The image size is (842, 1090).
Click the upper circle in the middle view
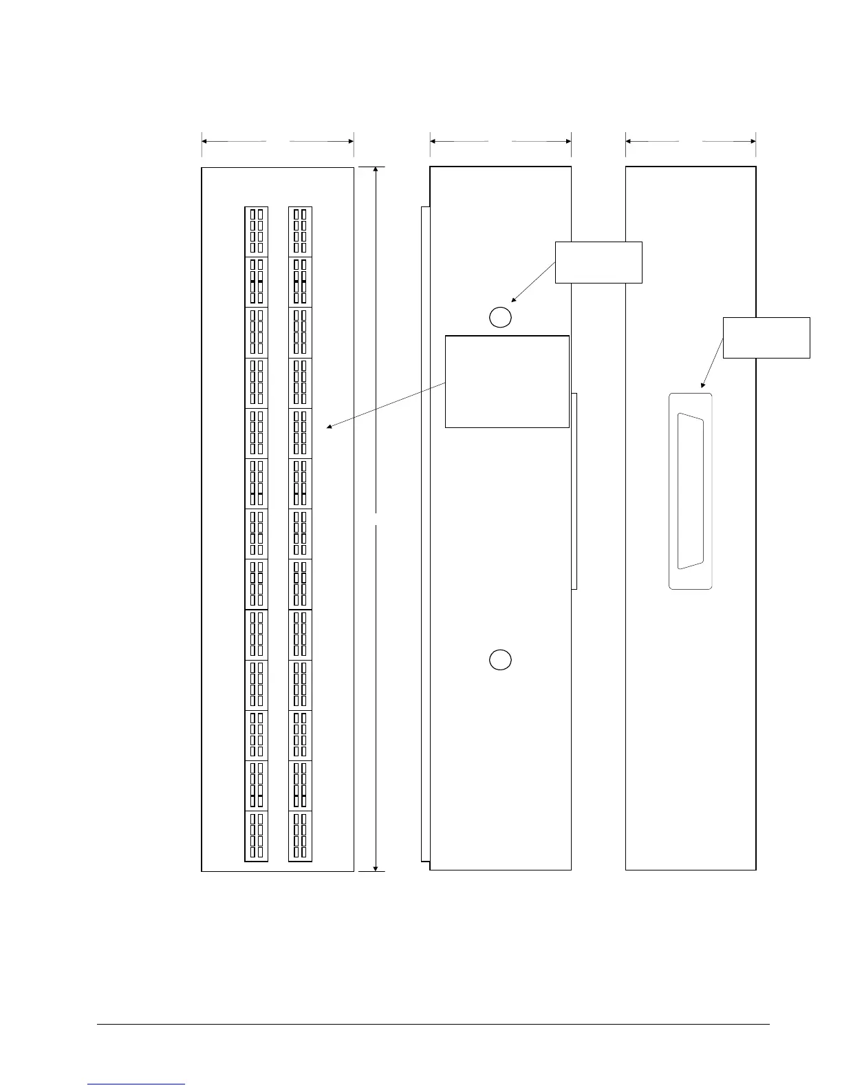click(500, 317)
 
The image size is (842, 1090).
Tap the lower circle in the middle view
click(500, 659)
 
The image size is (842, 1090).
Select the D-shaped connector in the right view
click(691, 491)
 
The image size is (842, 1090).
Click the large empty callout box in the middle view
click(507, 381)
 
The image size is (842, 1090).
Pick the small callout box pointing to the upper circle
click(598, 262)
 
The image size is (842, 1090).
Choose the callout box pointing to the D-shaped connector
click(766, 337)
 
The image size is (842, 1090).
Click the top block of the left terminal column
click(256, 232)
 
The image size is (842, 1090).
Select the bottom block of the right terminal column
click(300, 836)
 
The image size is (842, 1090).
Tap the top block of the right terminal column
click(300, 232)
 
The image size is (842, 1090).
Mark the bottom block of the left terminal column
click(256, 836)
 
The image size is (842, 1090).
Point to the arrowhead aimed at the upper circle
click(514, 300)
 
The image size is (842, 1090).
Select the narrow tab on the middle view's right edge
click(574, 491)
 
